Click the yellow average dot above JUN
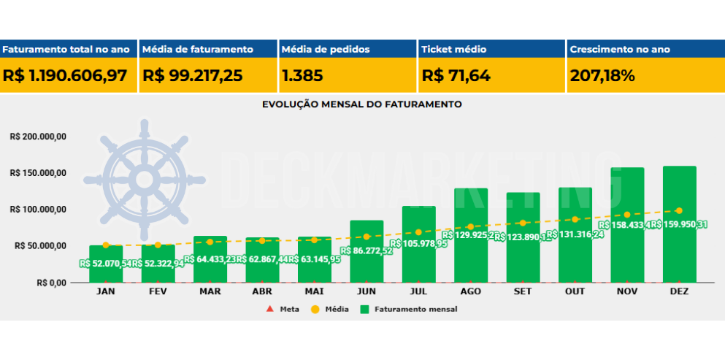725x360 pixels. (x=367, y=237)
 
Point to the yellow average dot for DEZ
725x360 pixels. (x=679, y=211)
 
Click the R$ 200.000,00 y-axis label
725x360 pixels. (x=38, y=137)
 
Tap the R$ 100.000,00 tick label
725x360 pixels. (x=38, y=210)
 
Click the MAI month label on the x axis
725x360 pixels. (x=315, y=291)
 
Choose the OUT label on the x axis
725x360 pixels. (x=575, y=291)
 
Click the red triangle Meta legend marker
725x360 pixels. (x=269, y=310)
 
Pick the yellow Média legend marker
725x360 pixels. (x=315, y=310)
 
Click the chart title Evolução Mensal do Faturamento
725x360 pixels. (x=362, y=104)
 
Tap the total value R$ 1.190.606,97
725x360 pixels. (x=65, y=75)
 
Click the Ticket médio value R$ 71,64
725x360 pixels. (x=456, y=75)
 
